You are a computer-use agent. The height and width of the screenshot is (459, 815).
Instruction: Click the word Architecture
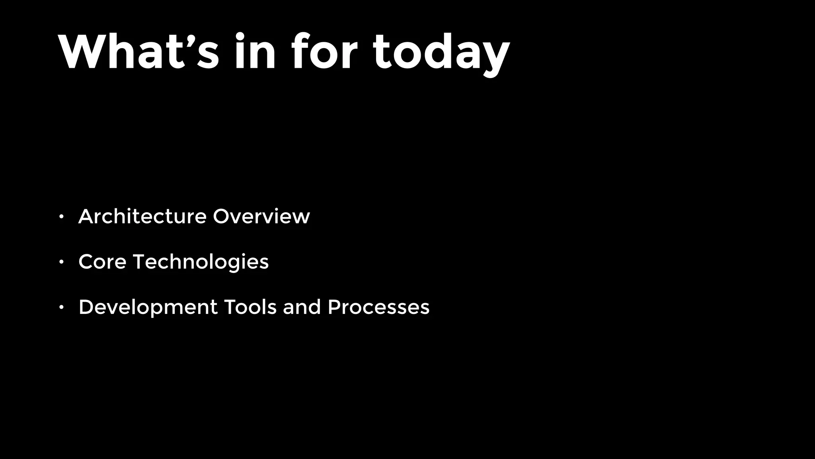(x=142, y=216)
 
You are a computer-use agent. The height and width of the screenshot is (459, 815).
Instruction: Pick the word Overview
(x=261, y=216)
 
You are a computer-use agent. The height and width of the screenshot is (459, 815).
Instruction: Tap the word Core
(x=102, y=262)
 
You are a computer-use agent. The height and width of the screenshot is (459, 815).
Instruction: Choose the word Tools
(x=250, y=307)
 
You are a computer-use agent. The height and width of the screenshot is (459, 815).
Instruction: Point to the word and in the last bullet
(x=302, y=307)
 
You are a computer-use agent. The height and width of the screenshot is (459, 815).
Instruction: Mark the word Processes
(x=378, y=307)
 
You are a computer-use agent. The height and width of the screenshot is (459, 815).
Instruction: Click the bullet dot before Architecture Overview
(x=61, y=217)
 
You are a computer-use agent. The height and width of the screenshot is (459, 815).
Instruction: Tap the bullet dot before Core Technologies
(x=61, y=262)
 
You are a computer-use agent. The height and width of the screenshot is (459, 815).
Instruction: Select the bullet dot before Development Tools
(x=61, y=307)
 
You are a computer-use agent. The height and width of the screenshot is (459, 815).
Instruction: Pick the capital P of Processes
(x=334, y=307)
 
